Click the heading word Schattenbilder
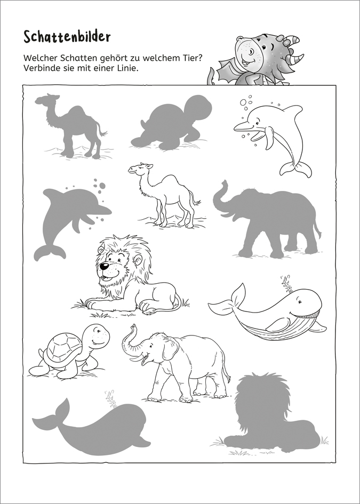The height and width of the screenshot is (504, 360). pos(67,37)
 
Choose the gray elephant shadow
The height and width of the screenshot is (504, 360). pos(267,219)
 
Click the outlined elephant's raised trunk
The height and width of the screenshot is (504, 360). pos(130,342)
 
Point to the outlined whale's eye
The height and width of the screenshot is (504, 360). pos(300,302)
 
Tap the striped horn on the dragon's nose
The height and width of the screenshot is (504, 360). pos(295,59)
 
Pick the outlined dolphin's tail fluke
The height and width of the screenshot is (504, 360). pos(295,169)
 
